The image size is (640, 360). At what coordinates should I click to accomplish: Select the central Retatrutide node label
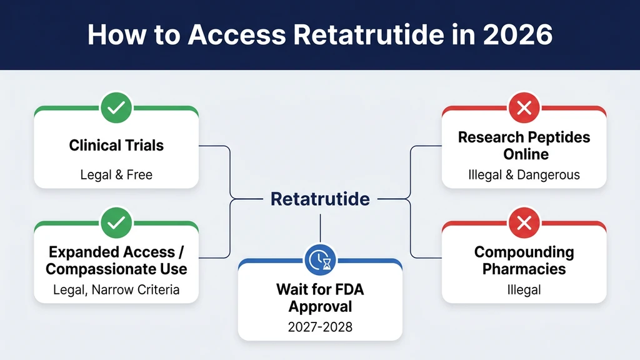(x=320, y=199)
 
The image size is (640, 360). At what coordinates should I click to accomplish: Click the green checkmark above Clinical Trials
(x=116, y=108)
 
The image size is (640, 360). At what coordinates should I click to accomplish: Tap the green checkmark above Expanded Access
(x=116, y=222)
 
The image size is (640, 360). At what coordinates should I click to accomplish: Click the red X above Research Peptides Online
(x=524, y=108)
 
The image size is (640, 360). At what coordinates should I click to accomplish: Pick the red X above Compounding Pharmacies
(x=524, y=222)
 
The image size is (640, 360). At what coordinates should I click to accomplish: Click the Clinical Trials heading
(x=116, y=146)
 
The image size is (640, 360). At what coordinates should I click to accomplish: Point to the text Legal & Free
(x=116, y=175)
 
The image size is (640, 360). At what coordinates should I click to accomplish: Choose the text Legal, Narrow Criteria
(x=116, y=289)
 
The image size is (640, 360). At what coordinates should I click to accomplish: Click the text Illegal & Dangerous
(x=524, y=175)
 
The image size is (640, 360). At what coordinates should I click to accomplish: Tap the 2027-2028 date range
(x=320, y=327)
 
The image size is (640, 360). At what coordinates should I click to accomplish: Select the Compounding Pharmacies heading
(x=524, y=261)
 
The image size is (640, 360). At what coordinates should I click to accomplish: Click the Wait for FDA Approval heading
(x=320, y=298)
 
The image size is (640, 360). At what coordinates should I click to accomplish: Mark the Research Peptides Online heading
(x=524, y=146)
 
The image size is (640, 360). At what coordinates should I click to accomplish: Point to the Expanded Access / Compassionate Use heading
(x=116, y=261)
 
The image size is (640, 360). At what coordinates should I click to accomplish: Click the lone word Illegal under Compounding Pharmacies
(x=524, y=289)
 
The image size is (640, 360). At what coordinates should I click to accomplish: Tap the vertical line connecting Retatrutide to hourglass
(x=320, y=228)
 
